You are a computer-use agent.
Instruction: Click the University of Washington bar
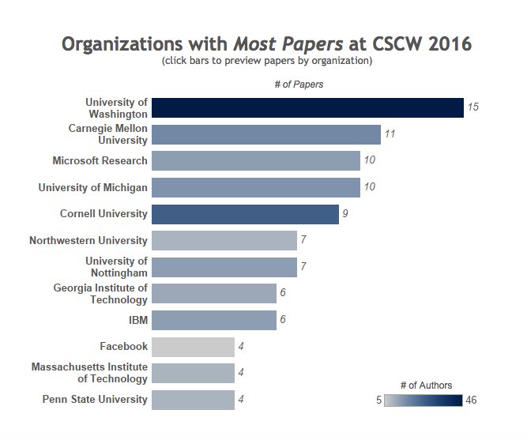307,107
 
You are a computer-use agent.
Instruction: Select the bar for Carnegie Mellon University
265,134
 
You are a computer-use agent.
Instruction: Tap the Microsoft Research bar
255,161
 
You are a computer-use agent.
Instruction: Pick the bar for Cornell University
245,214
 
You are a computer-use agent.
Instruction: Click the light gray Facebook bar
193,347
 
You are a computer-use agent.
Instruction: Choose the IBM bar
213,320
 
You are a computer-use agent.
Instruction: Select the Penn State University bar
193,400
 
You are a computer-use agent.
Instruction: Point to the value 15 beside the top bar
473,107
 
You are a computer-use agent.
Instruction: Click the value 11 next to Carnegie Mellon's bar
390,134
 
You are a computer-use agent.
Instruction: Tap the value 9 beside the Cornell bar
345,214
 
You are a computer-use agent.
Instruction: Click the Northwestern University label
88,240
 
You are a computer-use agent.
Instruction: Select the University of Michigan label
92,187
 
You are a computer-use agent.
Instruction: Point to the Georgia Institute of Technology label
100,294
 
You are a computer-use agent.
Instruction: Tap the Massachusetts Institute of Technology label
89,373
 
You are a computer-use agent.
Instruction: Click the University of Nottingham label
116,267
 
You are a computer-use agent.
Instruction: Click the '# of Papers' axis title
303,84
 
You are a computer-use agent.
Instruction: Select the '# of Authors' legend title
426,385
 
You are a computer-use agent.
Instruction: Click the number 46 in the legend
471,401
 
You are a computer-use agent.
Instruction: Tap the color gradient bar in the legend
423,401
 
